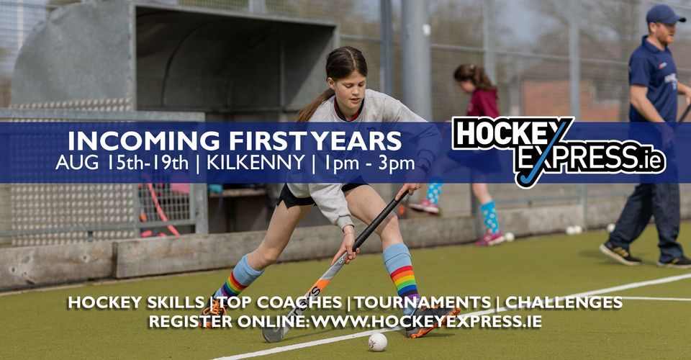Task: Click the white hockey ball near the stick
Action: [377, 341]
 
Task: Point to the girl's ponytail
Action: [315, 104]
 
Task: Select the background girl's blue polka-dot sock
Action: [489, 215]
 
